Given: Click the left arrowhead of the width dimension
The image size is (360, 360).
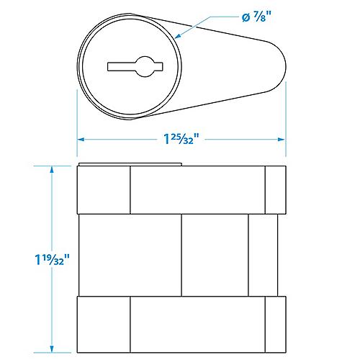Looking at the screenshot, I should tap(81, 139).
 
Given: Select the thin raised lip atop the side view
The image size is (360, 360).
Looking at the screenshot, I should tap(130, 164).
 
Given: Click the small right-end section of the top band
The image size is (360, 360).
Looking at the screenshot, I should tap(276, 189).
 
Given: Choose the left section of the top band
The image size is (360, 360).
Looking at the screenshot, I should tap(103, 189).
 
